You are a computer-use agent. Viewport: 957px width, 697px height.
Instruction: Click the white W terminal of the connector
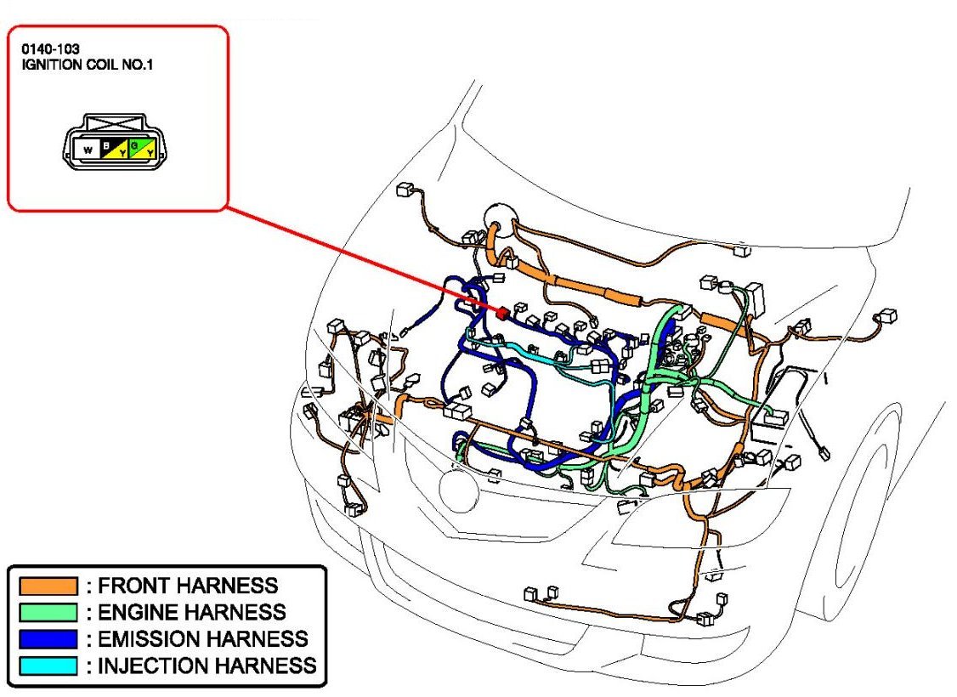coord(87,150)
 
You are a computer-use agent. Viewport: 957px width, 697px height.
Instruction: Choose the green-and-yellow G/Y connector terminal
coord(142,149)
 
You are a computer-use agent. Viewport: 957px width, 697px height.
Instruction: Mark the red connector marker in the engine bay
coord(501,312)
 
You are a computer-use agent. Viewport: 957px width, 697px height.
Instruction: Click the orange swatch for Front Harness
coord(48,586)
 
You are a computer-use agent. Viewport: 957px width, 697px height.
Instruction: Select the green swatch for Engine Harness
coord(48,612)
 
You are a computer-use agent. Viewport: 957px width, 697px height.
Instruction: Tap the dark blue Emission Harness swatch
coord(48,638)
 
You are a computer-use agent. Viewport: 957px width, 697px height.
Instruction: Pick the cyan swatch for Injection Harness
coord(48,665)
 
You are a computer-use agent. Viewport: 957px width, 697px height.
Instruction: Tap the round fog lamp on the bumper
coord(460,490)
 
